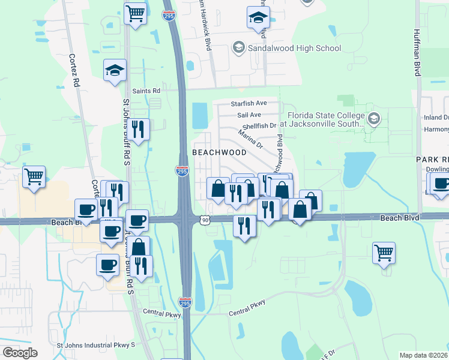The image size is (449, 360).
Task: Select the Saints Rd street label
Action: pyautogui.click(x=146, y=91)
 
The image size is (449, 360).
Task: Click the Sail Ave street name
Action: pyautogui.click(x=249, y=115)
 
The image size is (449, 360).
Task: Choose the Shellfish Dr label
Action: pyautogui.click(x=259, y=126)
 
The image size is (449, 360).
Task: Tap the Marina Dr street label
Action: pyautogui.click(x=250, y=140)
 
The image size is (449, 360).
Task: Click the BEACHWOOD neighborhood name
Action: pyautogui.click(x=219, y=152)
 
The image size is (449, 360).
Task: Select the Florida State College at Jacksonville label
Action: pyautogui.click(x=325, y=119)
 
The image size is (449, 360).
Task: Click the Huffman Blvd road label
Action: pyautogui.click(x=417, y=53)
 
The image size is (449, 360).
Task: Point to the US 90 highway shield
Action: pyautogui.click(x=206, y=221)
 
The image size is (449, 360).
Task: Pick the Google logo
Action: pyautogui.click(x=20, y=353)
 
